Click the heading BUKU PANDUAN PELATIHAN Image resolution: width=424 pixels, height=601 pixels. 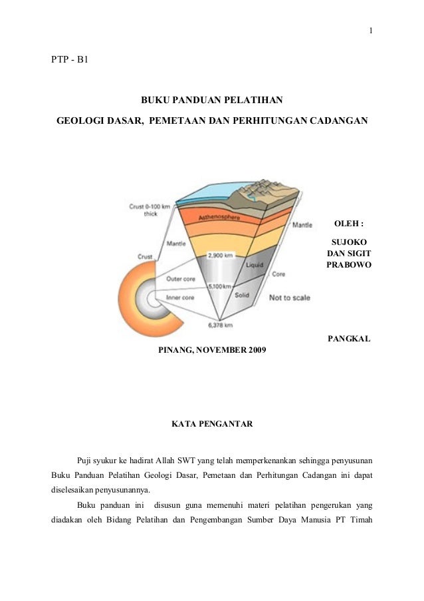click(212, 100)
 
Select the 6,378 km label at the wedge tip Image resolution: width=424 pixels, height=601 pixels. click(219, 325)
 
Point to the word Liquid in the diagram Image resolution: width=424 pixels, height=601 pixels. click(255, 265)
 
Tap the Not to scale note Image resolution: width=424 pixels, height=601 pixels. click(289, 298)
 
